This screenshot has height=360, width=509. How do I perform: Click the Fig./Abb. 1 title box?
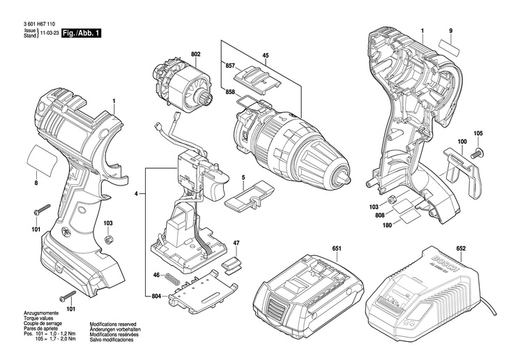[x=81, y=33]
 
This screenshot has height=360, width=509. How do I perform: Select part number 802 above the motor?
[x=196, y=54]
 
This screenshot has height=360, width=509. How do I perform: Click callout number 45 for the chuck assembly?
[x=266, y=56]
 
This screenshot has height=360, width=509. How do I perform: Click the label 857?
[x=230, y=66]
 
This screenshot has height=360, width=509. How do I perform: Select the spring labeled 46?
[x=172, y=278]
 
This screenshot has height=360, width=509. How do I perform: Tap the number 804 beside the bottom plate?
[x=156, y=296]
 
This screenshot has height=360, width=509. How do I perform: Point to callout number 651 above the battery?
[x=337, y=248]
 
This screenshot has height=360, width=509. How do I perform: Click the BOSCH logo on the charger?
[x=444, y=264]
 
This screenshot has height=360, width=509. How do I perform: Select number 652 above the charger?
[x=461, y=248]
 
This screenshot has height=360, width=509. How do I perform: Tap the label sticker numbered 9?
[x=450, y=47]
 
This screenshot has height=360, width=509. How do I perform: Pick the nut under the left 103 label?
[x=108, y=239]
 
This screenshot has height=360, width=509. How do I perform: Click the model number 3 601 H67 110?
[x=39, y=24]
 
